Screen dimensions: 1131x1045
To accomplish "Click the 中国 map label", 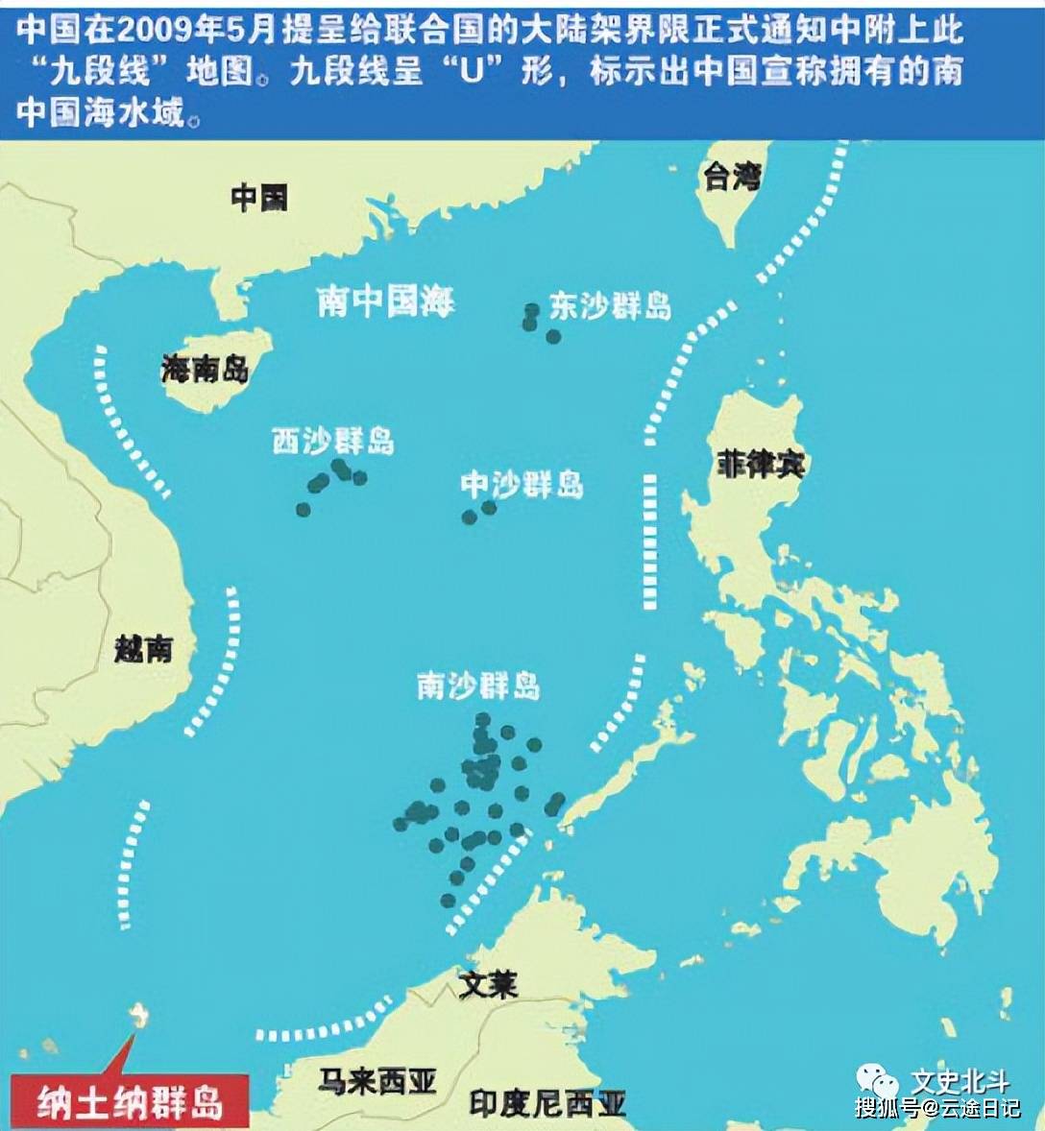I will point(258,199).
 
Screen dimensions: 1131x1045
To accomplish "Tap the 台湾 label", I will point(733,177).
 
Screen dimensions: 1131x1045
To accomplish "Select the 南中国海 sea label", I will point(385,301).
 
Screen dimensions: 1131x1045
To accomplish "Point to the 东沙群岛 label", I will point(610,306).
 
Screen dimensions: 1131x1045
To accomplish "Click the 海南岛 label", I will point(205,369).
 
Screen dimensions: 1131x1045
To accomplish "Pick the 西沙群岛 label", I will point(332,441).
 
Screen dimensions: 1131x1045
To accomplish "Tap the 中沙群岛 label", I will point(522,485).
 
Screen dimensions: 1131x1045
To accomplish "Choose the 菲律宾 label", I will point(760,465).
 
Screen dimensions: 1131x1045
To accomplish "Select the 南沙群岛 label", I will point(478,686).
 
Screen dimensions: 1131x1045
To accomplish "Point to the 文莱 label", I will point(488,985).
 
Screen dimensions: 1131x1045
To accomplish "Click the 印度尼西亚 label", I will point(547,1104).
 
